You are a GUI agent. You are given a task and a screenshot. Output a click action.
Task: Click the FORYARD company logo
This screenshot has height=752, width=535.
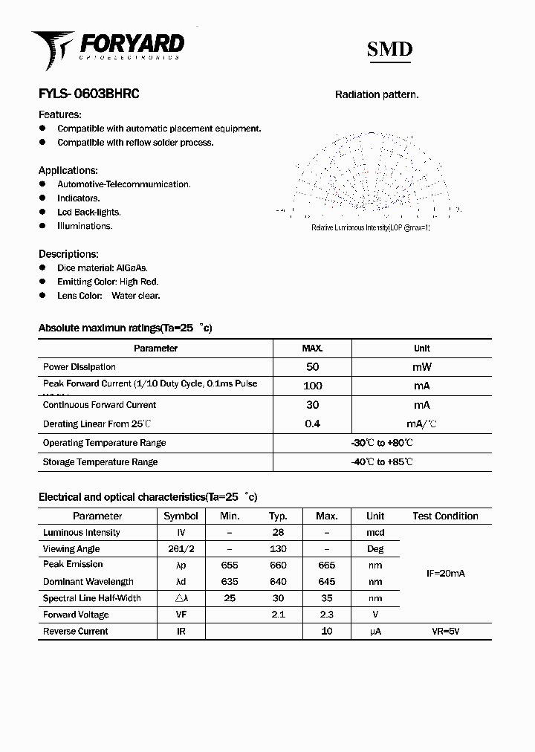pos(108,48)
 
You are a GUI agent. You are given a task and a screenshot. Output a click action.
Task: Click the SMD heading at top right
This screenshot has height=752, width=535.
pos(389,49)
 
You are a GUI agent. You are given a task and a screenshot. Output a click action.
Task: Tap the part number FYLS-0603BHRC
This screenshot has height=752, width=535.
pos(88,94)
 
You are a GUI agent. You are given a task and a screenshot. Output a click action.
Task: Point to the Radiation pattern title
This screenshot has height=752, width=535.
pos(377,94)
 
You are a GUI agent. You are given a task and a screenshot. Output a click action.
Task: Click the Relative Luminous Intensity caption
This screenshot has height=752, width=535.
pos(370,227)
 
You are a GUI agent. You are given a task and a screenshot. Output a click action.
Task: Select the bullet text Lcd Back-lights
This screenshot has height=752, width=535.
pos(88,212)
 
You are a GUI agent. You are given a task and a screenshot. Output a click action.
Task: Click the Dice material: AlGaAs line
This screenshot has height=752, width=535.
pos(103,268)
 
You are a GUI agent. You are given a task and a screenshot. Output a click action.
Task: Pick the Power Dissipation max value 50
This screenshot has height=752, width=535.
pos(312,367)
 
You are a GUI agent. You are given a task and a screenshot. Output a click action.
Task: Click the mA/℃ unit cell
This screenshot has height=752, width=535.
pos(421,424)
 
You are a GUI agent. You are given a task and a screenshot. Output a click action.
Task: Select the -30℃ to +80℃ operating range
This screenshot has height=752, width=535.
pos(382,443)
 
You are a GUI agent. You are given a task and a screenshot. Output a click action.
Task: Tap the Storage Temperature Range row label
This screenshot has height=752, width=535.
pos(100,462)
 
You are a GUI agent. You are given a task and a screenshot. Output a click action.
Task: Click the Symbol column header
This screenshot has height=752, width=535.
pos(181,516)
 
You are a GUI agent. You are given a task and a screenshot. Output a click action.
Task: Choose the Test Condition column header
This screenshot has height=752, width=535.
pos(445,516)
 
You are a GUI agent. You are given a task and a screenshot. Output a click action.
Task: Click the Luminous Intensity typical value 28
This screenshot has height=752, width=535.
pos(278,533)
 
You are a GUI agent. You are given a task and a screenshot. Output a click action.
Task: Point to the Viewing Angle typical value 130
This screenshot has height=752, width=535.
pos(278,549)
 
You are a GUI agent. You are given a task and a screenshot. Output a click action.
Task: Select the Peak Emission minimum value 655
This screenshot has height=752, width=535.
pos(230,565)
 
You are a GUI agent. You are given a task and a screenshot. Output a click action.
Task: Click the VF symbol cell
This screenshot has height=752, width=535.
pos(181,615)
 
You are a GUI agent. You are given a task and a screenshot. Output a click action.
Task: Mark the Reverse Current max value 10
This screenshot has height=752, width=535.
pos(326,632)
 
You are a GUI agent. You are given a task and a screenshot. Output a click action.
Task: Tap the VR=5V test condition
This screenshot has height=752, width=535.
pos(445,632)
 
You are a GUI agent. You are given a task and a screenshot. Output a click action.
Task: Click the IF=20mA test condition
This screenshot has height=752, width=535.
pos(445,574)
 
